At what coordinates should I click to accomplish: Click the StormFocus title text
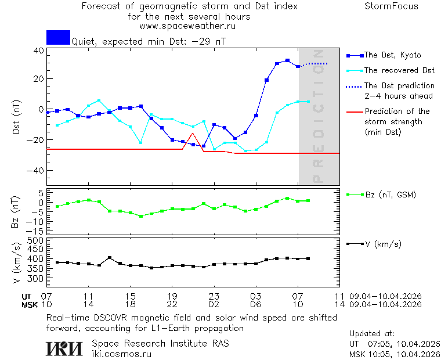coord(391,6)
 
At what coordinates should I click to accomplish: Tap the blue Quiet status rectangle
coord(58,37)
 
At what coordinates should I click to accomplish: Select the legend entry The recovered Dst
coord(399,70)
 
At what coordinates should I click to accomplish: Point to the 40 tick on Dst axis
coord(38,51)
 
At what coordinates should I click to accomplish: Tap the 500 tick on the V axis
coord(36,240)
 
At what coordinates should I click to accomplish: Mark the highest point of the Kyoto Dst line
coord(287,60)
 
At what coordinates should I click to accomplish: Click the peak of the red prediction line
coord(193,134)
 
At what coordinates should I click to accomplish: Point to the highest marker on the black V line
coord(109,258)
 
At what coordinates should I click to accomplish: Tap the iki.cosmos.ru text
coord(122,354)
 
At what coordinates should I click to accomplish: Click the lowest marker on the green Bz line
coord(140,216)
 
